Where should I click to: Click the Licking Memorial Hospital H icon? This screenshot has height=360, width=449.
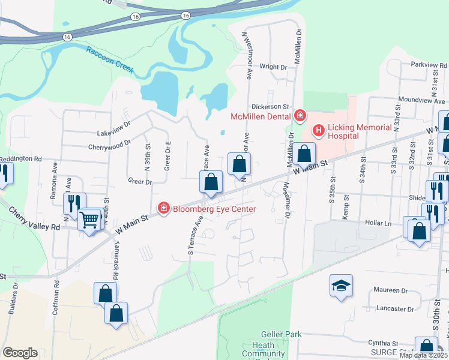point(318,129)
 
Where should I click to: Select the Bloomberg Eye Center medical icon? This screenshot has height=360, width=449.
point(163,208)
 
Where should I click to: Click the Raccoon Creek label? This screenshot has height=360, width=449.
point(109,59)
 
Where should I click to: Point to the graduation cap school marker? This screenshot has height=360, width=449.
point(341,286)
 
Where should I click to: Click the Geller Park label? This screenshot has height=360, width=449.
point(276,334)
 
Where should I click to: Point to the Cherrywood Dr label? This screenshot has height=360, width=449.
point(109,145)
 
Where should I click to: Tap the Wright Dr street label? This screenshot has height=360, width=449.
point(273,67)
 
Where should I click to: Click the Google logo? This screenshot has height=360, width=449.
point(20,353)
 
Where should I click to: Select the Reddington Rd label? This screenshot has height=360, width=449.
point(21,159)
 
